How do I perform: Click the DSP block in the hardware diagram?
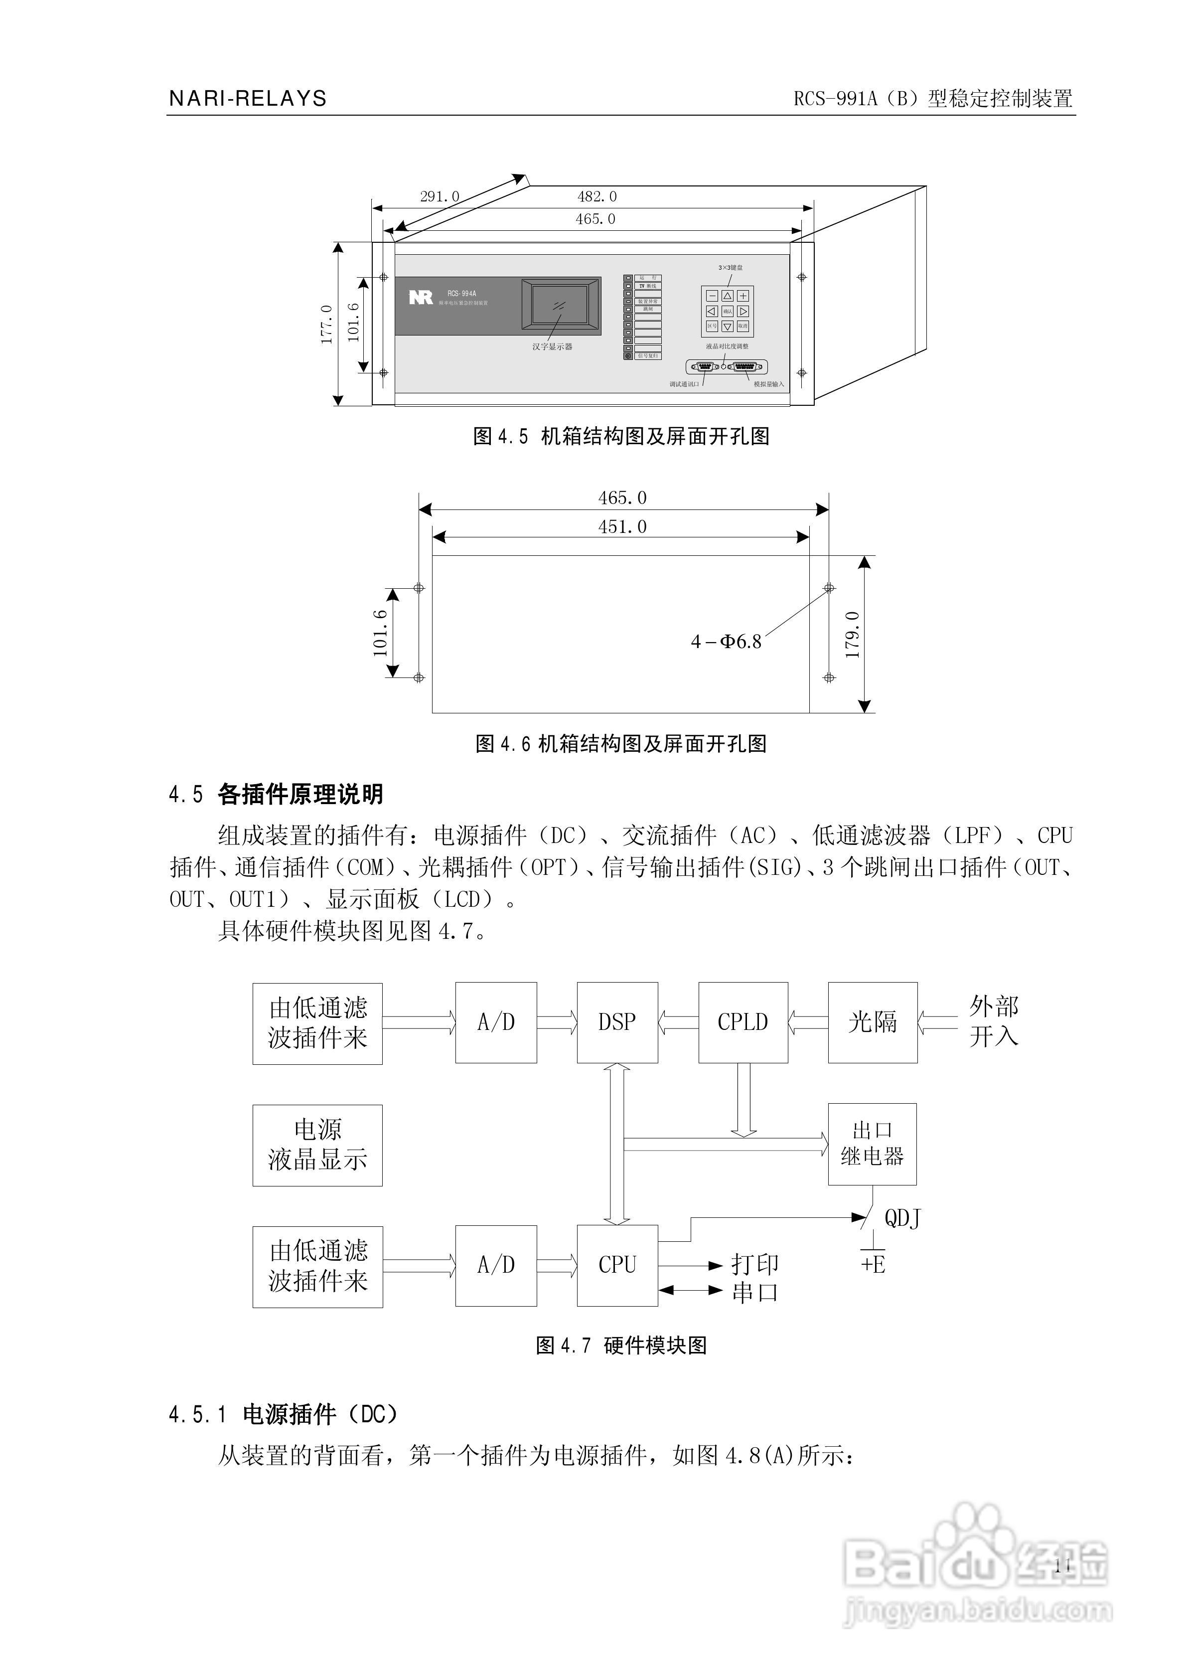[617, 1022]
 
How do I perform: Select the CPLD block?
[742, 1022]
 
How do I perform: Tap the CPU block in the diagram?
[617, 1264]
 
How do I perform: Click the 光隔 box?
[872, 1022]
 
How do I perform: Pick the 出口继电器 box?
[872, 1144]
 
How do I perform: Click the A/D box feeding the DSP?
[496, 1022]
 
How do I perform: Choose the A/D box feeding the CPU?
[496, 1264]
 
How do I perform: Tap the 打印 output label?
[755, 1264]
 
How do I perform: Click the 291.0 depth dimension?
[440, 196]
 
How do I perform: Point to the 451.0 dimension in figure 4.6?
[622, 526]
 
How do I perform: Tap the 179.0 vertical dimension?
[852, 635]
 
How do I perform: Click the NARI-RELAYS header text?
[248, 99]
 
